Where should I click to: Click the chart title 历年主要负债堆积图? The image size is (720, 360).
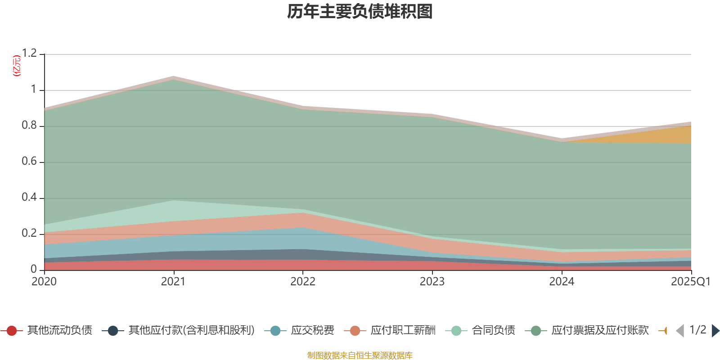pyautogui.click(x=360, y=12)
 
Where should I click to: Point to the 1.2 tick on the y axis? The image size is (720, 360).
pyautogui.click(x=29, y=54)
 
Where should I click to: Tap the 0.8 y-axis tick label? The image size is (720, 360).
pyautogui.click(x=29, y=126)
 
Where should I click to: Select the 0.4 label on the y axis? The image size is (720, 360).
pyautogui.click(x=29, y=198)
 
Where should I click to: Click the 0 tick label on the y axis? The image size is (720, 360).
pyautogui.click(x=34, y=270)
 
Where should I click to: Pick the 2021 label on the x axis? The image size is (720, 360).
pyautogui.click(x=173, y=282)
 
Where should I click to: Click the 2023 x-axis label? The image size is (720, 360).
pyautogui.click(x=432, y=282)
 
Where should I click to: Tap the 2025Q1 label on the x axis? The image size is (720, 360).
pyautogui.click(x=690, y=282)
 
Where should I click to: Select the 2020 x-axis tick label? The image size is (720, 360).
pyautogui.click(x=44, y=282)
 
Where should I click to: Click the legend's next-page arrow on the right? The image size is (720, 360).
pyautogui.click(x=715, y=331)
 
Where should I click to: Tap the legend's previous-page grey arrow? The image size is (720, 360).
pyautogui.click(x=680, y=331)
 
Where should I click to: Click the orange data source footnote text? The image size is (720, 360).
pyautogui.click(x=360, y=355)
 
